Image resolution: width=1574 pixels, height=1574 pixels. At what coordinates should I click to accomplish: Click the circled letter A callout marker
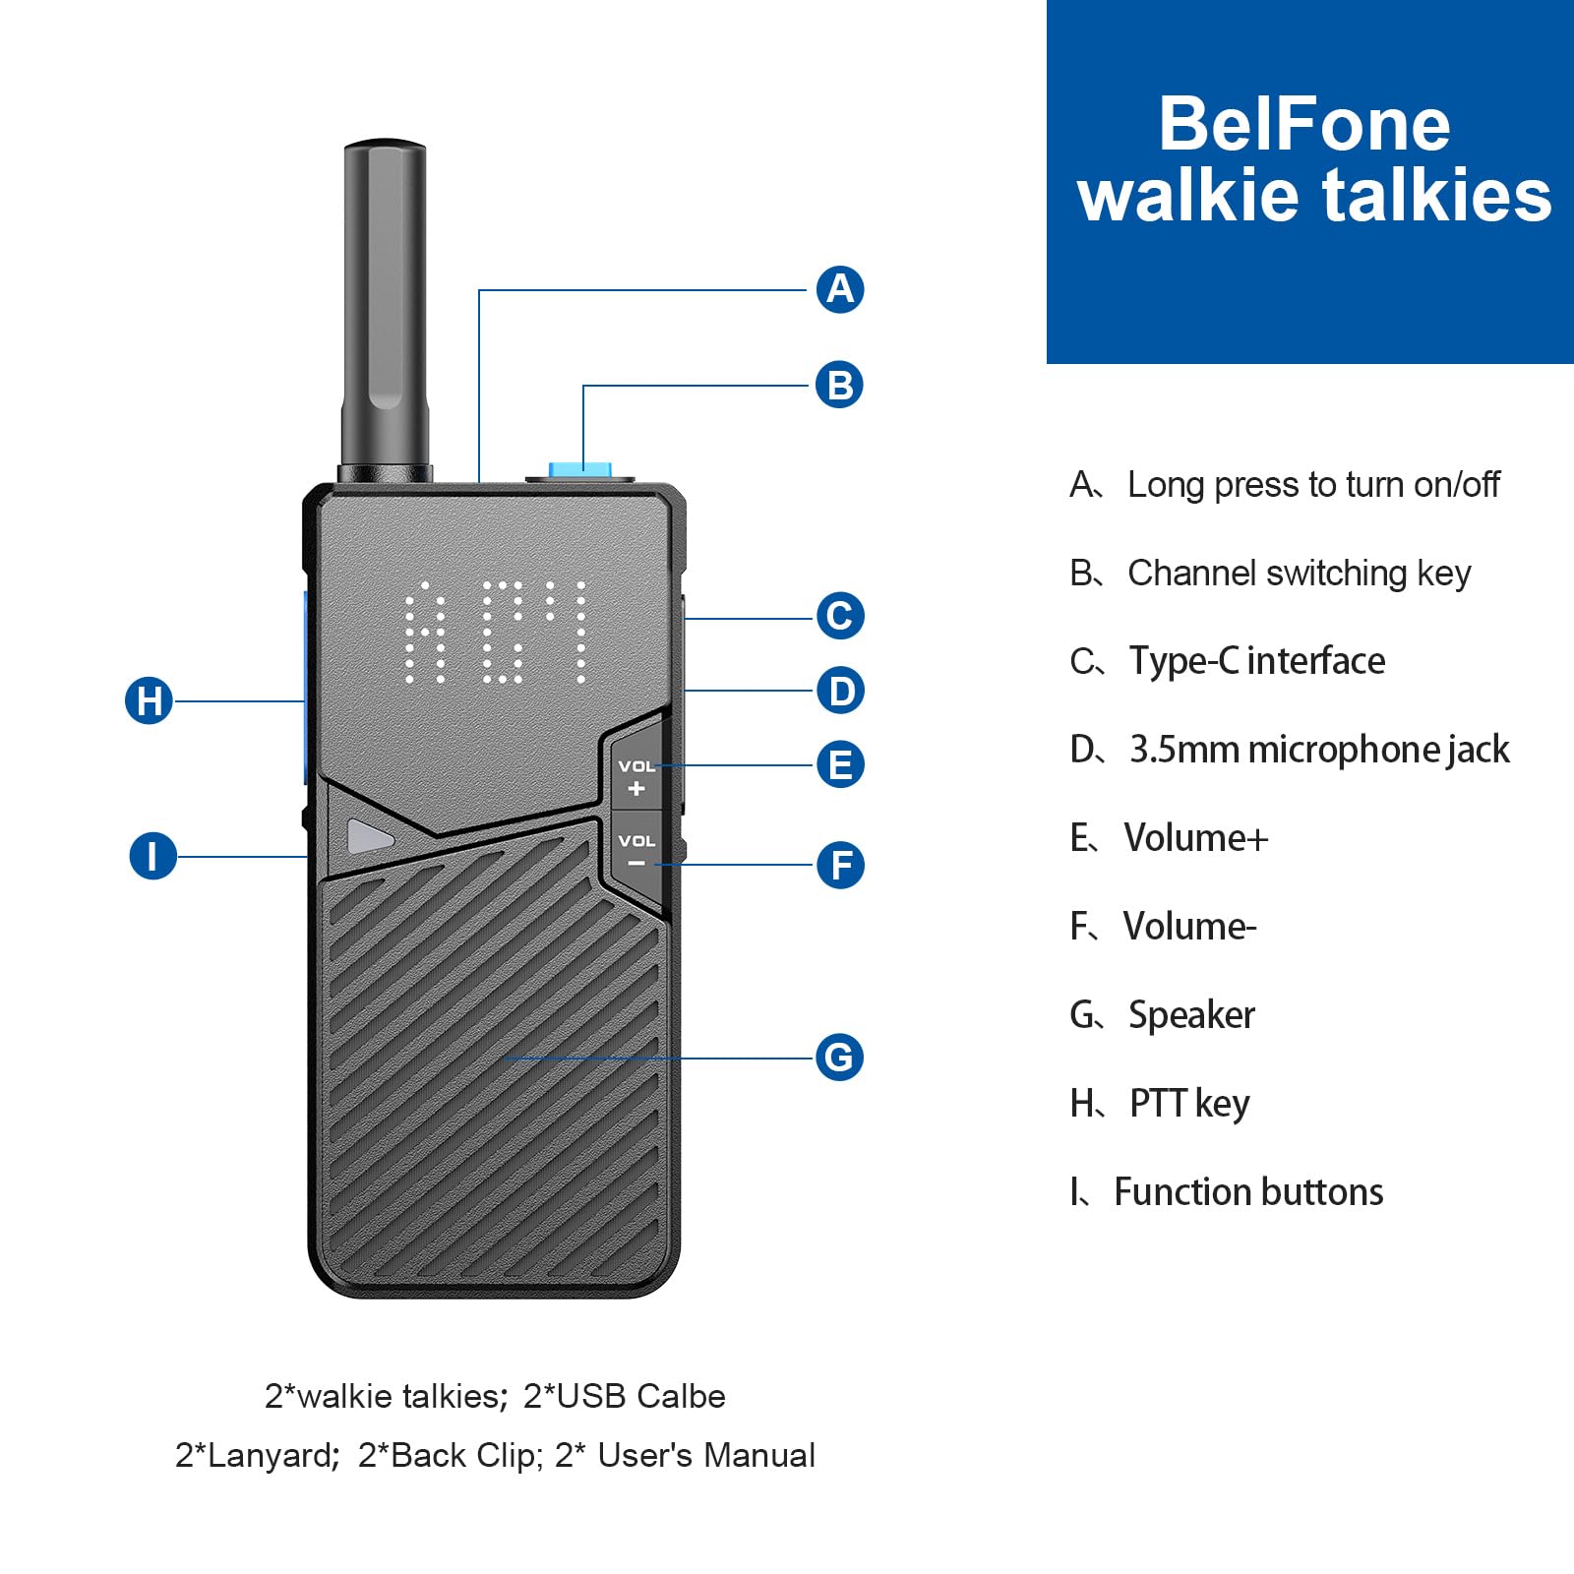[840, 289]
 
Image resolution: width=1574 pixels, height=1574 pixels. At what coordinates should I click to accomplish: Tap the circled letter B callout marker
[839, 385]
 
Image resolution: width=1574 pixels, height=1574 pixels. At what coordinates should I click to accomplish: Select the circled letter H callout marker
[149, 701]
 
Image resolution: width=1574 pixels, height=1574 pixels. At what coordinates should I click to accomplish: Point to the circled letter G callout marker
[839, 1058]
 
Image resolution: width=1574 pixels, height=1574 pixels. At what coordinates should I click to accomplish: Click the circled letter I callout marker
[152, 856]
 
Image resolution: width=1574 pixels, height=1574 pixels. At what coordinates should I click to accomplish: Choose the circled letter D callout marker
[840, 691]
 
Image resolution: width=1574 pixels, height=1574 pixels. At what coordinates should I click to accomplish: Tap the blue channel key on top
[580, 470]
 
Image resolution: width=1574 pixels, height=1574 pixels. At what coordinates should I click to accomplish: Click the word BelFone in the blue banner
[1303, 124]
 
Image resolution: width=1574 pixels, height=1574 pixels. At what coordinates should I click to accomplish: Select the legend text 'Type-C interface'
[1256, 661]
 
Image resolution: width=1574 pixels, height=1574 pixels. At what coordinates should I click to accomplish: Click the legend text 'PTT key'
[1189, 1104]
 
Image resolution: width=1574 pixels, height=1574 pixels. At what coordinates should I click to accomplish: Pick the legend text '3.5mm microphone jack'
[1318, 750]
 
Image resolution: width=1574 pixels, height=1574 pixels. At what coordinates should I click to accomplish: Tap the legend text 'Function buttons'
[1248, 1192]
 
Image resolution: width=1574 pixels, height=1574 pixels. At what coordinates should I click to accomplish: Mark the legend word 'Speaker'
[1191, 1015]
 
